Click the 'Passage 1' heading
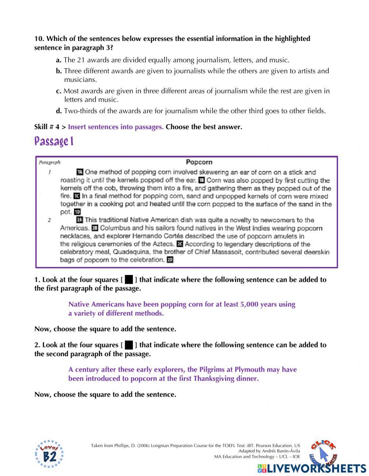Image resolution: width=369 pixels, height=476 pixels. (54, 141)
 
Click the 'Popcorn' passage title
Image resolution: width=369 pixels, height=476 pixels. (199, 162)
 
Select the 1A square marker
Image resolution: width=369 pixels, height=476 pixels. (80, 172)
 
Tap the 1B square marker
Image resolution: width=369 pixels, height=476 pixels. (201, 180)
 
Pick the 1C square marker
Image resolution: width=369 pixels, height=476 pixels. (76, 196)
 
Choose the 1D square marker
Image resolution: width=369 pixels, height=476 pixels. (77, 212)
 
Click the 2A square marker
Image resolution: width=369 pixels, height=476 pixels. (80, 220)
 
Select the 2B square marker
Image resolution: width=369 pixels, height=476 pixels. (95, 228)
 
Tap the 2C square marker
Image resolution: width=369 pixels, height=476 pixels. (180, 244)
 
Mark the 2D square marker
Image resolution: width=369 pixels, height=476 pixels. (170, 260)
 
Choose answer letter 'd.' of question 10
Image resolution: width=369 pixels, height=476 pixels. (59, 111)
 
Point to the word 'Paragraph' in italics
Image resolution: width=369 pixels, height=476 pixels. (49, 162)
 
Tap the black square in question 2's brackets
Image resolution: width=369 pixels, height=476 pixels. (129, 345)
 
